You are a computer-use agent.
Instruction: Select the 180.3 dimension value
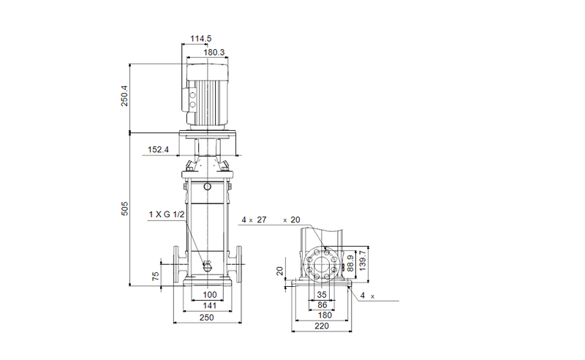(213, 53)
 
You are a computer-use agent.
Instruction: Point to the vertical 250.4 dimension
(124, 95)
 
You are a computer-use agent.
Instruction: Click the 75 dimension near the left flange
(155, 276)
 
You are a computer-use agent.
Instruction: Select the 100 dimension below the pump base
(209, 295)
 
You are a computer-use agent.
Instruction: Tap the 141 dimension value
(209, 306)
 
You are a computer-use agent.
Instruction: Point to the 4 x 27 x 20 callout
(271, 220)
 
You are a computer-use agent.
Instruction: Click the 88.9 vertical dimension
(352, 261)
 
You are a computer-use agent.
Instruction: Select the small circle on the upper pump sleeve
(208, 187)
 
